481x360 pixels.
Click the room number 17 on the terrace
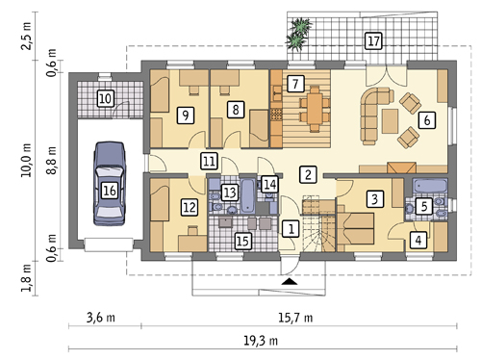(x=373, y=41)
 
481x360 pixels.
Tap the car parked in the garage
(x=109, y=184)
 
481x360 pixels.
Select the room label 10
(x=106, y=98)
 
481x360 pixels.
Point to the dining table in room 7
(x=315, y=109)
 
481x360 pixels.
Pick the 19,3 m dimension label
(x=261, y=341)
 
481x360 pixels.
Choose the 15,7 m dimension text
(x=295, y=318)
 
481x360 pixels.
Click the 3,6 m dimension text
(x=101, y=318)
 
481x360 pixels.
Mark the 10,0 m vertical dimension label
(x=26, y=160)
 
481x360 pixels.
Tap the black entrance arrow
(x=290, y=281)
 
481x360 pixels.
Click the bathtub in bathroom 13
(x=247, y=195)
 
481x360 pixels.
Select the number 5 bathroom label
(x=424, y=207)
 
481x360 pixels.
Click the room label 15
(x=242, y=241)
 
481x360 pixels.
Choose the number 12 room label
(x=190, y=207)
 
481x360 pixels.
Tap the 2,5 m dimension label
(x=26, y=36)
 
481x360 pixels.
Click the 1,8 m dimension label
(x=26, y=278)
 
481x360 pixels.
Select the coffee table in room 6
(x=390, y=121)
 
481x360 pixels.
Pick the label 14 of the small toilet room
(x=269, y=185)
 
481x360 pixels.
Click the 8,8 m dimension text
(x=51, y=160)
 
